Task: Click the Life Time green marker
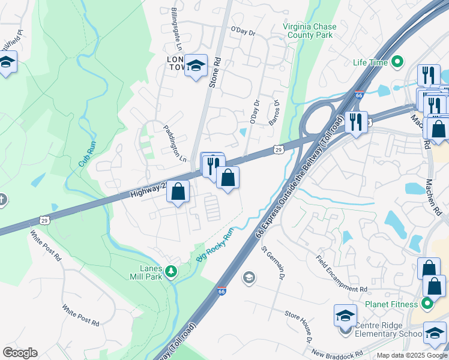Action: coord(397,62)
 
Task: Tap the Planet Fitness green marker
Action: coord(427,304)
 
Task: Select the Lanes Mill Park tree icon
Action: coord(171,272)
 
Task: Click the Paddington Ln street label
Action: coord(175,143)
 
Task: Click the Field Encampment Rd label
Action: coord(342,273)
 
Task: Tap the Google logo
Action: coord(20,353)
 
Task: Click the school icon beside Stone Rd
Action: coord(196,66)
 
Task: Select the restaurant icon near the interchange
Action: coord(356,122)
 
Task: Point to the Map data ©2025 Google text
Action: coord(412,355)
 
